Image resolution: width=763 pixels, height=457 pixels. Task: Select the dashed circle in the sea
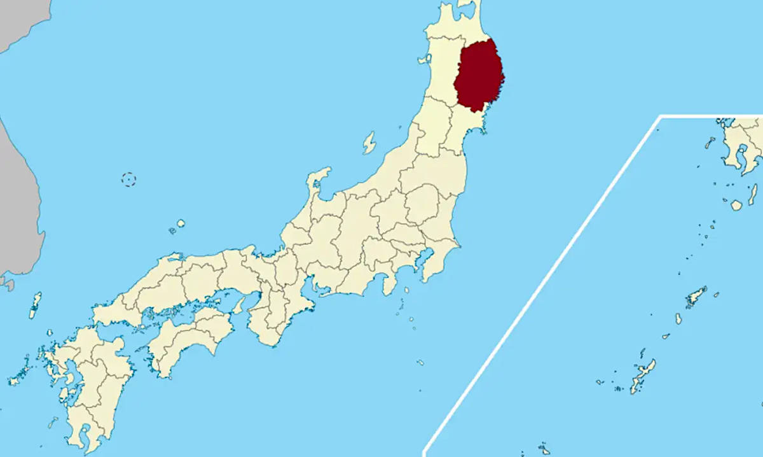(x=129, y=179)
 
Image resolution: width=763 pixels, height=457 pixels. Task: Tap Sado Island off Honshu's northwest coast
(x=369, y=143)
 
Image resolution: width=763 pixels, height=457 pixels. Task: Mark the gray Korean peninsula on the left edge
(x=19, y=204)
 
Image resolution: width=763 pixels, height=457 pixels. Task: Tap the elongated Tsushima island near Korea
(x=35, y=305)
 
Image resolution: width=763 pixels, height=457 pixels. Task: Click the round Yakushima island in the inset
(x=736, y=205)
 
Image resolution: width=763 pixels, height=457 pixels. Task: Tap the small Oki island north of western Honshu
(x=181, y=224)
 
